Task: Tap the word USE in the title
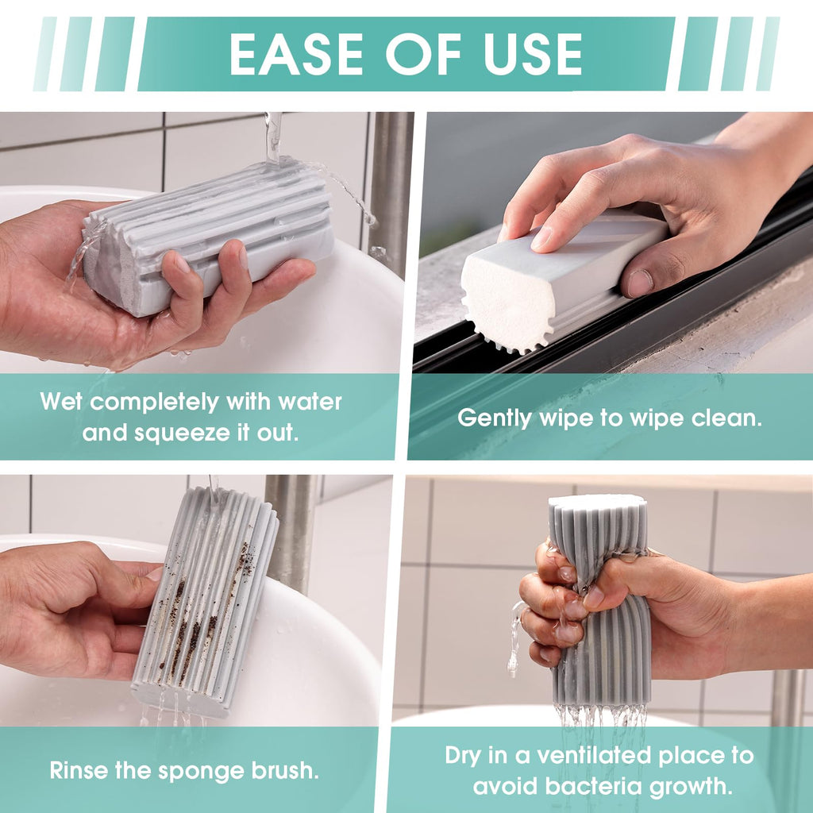coord(533,55)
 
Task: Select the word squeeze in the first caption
coord(182,433)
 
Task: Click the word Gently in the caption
coord(495,418)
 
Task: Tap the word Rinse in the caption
coord(79,770)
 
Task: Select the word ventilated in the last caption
coord(595,756)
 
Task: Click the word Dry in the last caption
coord(463,757)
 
